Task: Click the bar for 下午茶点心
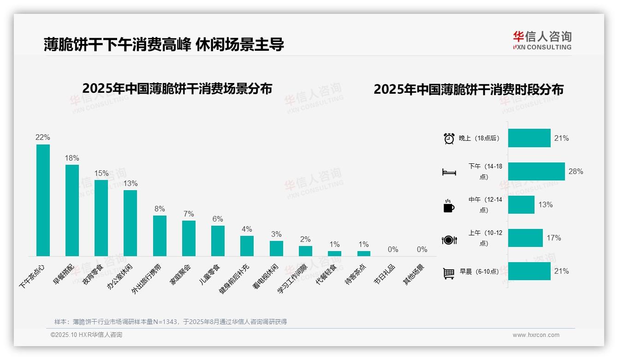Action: click(x=43, y=200)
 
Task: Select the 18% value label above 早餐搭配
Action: click(x=72, y=158)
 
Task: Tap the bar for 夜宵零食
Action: click(x=101, y=218)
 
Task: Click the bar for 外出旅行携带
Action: click(x=160, y=235)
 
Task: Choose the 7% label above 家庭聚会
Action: click(x=189, y=214)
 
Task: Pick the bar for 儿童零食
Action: click(x=218, y=240)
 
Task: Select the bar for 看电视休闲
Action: click(x=276, y=248)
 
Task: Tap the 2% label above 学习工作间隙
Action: click(x=305, y=239)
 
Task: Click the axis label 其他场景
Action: click(x=414, y=275)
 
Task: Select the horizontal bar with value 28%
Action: click(x=536, y=171)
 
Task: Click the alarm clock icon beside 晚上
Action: click(x=449, y=138)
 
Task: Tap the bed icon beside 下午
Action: click(x=449, y=172)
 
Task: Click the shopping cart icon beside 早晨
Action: click(x=449, y=273)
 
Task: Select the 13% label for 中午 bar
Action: click(x=546, y=204)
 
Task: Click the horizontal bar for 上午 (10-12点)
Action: click(x=525, y=238)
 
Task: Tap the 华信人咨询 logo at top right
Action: click(x=542, y=40)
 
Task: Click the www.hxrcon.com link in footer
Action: click(x=536, y=335)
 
